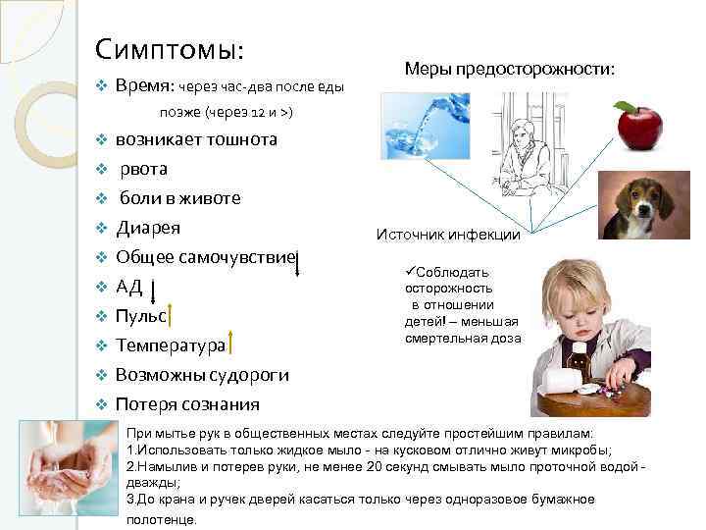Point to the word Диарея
148,229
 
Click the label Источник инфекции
448,235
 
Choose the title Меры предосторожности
510,70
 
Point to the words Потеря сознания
187,404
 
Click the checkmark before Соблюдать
409,271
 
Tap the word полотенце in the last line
162,519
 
